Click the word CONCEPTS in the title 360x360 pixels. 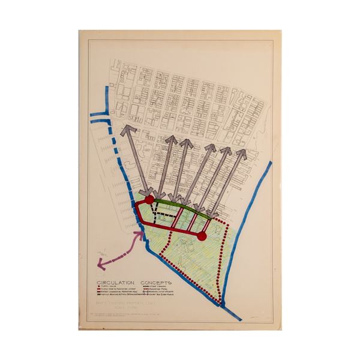click(x=155, y=281)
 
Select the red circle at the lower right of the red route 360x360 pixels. click(x=202, y=236)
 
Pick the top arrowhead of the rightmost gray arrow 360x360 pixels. click(x=242, y=153)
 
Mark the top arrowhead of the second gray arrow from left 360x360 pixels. click(x=170, y=139)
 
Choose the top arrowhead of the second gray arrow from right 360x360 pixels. click(x=227, y=149)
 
